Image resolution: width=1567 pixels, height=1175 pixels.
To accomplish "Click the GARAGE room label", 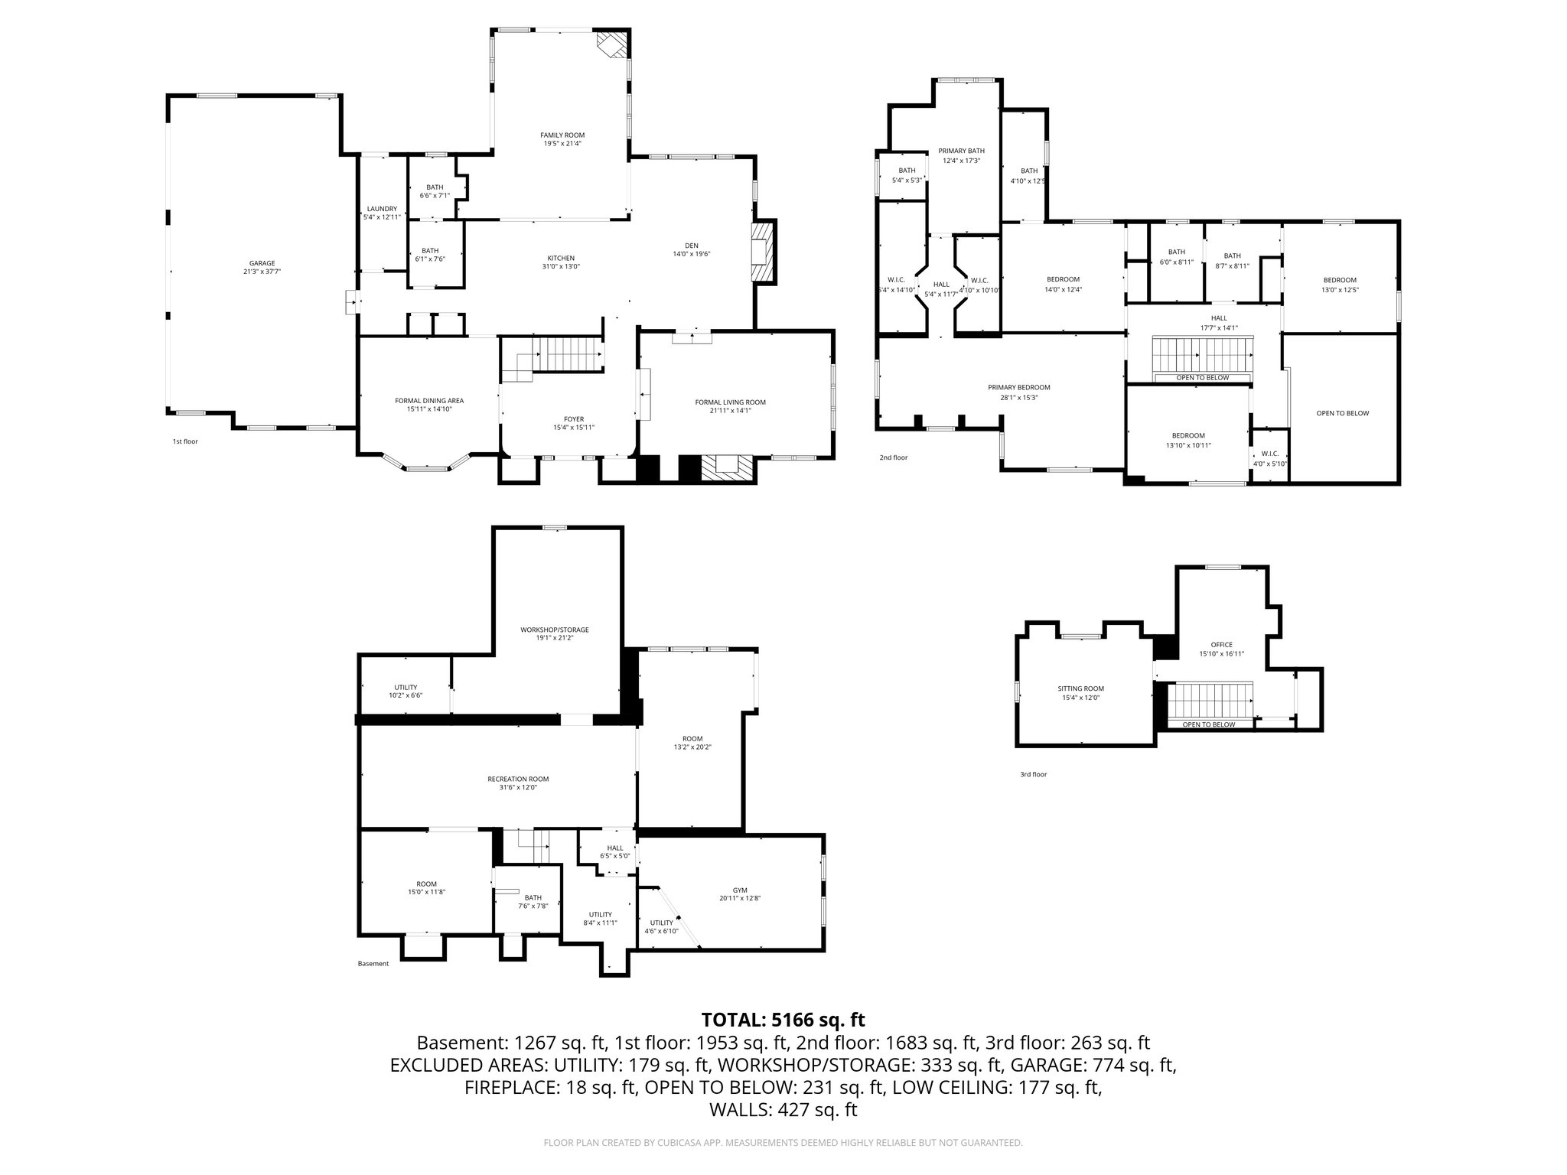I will coord(262,263).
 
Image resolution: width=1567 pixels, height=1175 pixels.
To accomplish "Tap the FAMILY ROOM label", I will coord(562,135).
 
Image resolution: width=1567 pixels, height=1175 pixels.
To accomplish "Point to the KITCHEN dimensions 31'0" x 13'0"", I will coord(561,267).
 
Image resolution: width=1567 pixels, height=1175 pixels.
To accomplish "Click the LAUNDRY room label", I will coord(382,209).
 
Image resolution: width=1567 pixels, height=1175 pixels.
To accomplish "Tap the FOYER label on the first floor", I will coord(574,419).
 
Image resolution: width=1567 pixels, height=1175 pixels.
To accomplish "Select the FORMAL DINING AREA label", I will coord(429,401).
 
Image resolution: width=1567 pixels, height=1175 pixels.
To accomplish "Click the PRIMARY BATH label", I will coord(962,151).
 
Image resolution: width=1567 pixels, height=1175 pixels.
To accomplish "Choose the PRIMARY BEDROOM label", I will coord(1018,387).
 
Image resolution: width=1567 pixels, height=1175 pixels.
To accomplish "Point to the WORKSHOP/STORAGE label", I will coord(555,630).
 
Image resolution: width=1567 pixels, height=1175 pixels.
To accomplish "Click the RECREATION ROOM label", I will coord(518,779).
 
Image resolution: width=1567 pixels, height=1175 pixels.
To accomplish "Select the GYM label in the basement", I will coord(740,890).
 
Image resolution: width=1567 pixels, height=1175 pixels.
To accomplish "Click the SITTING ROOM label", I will coord(1083,688).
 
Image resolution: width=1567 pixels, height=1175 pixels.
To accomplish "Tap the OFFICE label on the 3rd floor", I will coord(1222,645).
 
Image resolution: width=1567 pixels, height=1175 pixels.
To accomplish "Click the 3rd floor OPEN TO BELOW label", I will coord(1209,724).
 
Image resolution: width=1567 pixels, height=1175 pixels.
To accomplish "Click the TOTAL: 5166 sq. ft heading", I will coord(783,1020).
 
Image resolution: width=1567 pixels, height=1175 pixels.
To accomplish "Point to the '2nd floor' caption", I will coord(893,457).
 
